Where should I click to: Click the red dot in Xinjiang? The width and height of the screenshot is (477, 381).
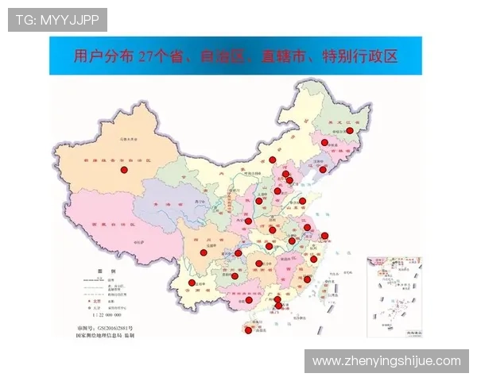(123, 170)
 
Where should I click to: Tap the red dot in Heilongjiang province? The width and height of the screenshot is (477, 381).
(349, 131)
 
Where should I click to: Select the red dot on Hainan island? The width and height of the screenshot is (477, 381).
(248, 331)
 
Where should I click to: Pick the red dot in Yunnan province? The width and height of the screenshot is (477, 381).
(192, 283)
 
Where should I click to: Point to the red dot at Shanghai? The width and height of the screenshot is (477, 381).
(324, 235)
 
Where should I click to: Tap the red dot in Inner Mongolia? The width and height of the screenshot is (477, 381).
(273, 160)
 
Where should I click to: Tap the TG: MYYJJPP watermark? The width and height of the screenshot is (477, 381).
(56, 19)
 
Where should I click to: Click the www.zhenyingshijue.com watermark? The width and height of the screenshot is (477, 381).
(386, 360)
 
